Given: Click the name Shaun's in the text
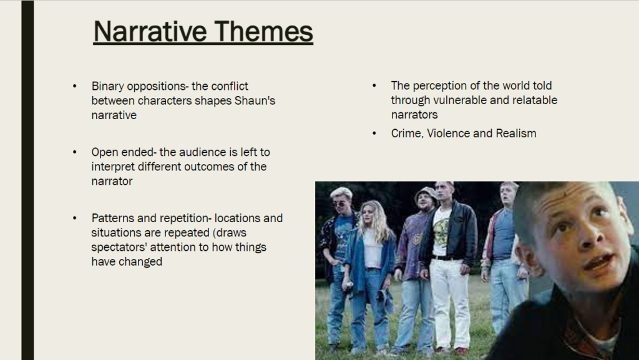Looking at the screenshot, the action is (255, 100).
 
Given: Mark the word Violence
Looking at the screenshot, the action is (448, 134).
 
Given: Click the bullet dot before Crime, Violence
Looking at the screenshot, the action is (374, 133).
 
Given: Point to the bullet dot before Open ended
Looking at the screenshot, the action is (75, 152).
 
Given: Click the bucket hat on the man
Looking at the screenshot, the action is (426, 194).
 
